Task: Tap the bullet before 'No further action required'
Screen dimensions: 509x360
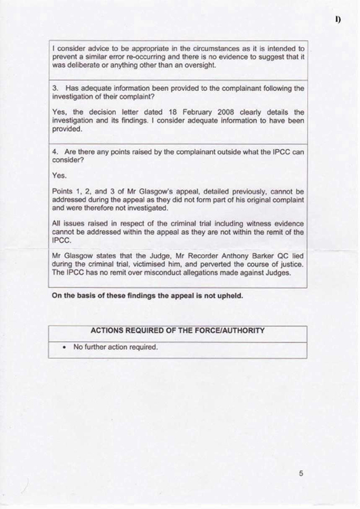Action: click(64, 346)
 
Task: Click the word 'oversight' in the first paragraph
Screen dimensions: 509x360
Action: click(196, 66)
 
